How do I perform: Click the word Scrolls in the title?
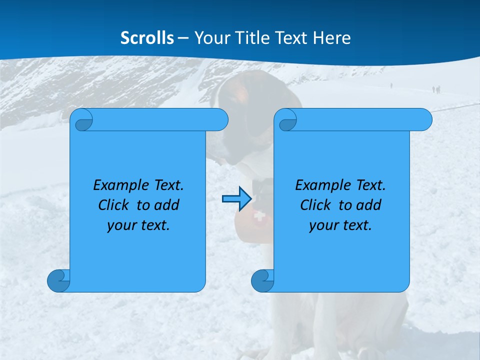[147, 38]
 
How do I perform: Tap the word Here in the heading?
[332, 38]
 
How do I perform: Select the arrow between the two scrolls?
[236, 199]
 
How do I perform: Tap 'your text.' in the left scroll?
[138, 225]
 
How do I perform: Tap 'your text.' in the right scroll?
[340, 225]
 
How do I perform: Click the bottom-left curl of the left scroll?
[59, 280]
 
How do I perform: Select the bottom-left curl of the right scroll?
[263, 280]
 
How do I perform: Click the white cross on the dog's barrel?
[258, 216]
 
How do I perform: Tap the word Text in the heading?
[294, 38]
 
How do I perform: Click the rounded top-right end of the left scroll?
[220, 119]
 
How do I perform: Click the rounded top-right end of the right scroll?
[424, 119]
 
